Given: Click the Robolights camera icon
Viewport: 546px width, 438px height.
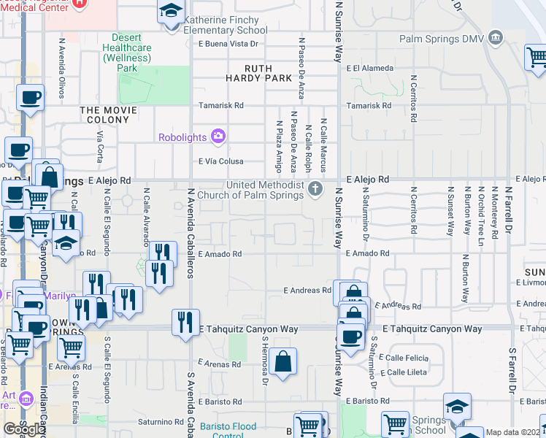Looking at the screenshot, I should coord(218,136).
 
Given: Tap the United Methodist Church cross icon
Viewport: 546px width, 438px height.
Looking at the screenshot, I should coord(315,189).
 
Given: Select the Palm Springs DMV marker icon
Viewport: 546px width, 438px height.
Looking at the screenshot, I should coord(496,37).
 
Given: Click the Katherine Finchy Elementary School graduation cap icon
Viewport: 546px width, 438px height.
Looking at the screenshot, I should coord(171,12).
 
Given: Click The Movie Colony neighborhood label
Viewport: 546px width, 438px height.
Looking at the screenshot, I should coord(114,110).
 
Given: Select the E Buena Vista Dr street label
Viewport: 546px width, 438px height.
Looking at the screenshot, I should coord(228,44).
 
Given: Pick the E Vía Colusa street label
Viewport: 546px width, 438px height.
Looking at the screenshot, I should coord(221,161).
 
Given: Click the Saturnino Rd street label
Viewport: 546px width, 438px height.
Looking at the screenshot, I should coord(158,422).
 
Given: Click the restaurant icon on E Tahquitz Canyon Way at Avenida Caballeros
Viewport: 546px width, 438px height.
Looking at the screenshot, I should coord(185,321).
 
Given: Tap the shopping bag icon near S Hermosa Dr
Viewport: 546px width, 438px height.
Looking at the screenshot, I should coord(282,361).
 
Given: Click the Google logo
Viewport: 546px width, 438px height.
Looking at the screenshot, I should coord(24,429).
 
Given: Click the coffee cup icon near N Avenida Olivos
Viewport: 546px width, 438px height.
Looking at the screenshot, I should coord(31,97).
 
